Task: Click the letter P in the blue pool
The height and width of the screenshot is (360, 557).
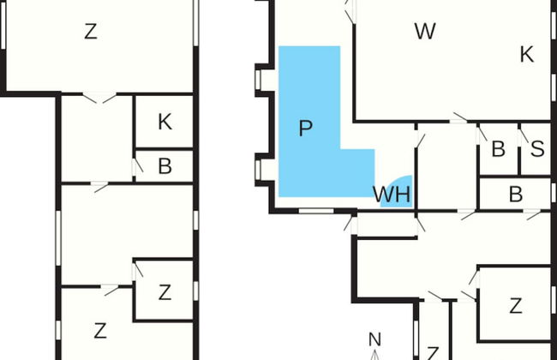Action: (305, 129)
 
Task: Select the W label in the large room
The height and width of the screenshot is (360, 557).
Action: (425, 32)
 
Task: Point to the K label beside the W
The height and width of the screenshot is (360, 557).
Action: (527, 55)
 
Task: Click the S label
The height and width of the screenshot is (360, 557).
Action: (537, 149)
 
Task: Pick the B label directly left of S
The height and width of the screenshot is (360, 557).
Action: (498, 149)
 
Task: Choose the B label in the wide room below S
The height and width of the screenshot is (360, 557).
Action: (515, 195)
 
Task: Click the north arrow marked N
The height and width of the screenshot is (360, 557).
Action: (374, 341)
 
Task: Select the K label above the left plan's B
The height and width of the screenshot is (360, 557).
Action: (165, 122)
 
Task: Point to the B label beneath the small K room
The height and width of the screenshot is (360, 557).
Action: (165, 166)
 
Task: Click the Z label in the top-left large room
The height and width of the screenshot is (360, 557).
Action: (91, 33)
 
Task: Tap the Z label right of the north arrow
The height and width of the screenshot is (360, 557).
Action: (515, 305)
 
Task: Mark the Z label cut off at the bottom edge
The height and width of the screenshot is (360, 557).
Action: (433, 353)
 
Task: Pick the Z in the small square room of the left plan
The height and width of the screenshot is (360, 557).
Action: (165, 292)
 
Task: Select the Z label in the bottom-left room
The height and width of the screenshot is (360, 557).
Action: (100, 329)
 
